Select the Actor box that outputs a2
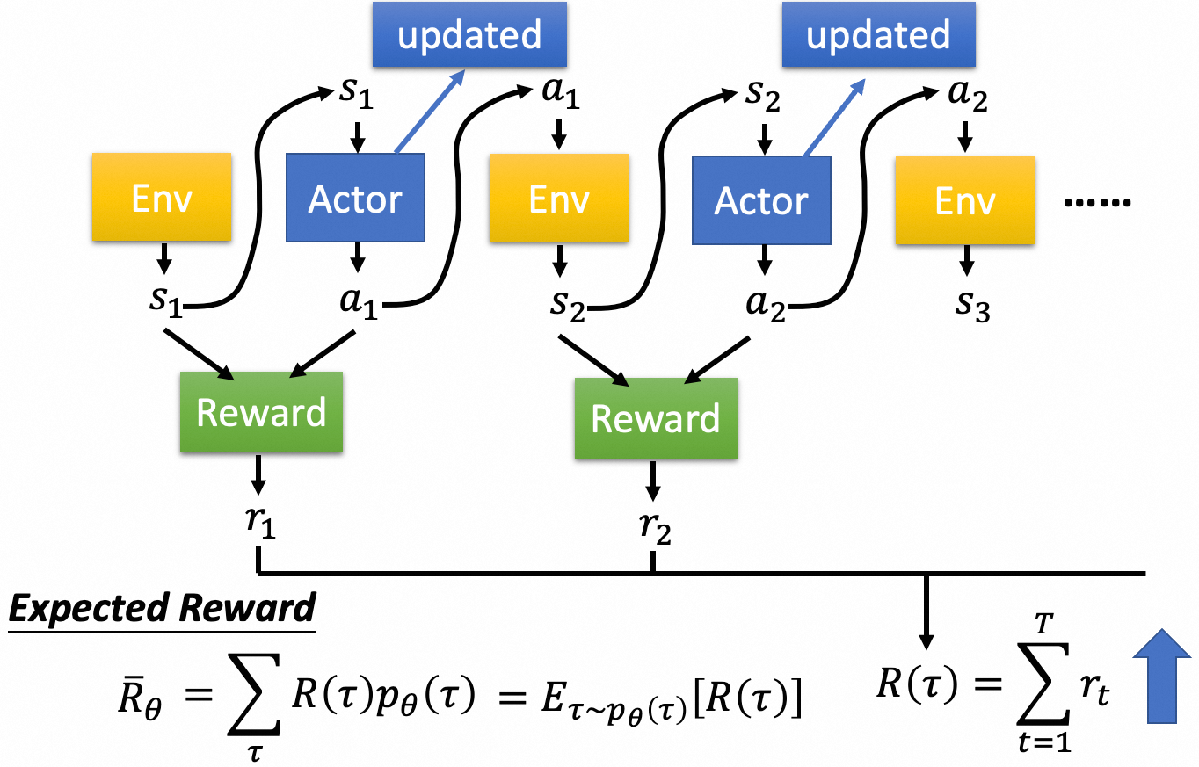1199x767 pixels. [x=761, y=199]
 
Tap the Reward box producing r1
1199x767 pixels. [x=261, y=412]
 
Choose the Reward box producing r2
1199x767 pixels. [x=656, y=418]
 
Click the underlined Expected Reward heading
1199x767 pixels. [x=162, y=608]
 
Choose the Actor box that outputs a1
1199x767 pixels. [x=355, y=199]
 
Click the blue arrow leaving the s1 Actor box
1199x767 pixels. [x=427, y=112]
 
